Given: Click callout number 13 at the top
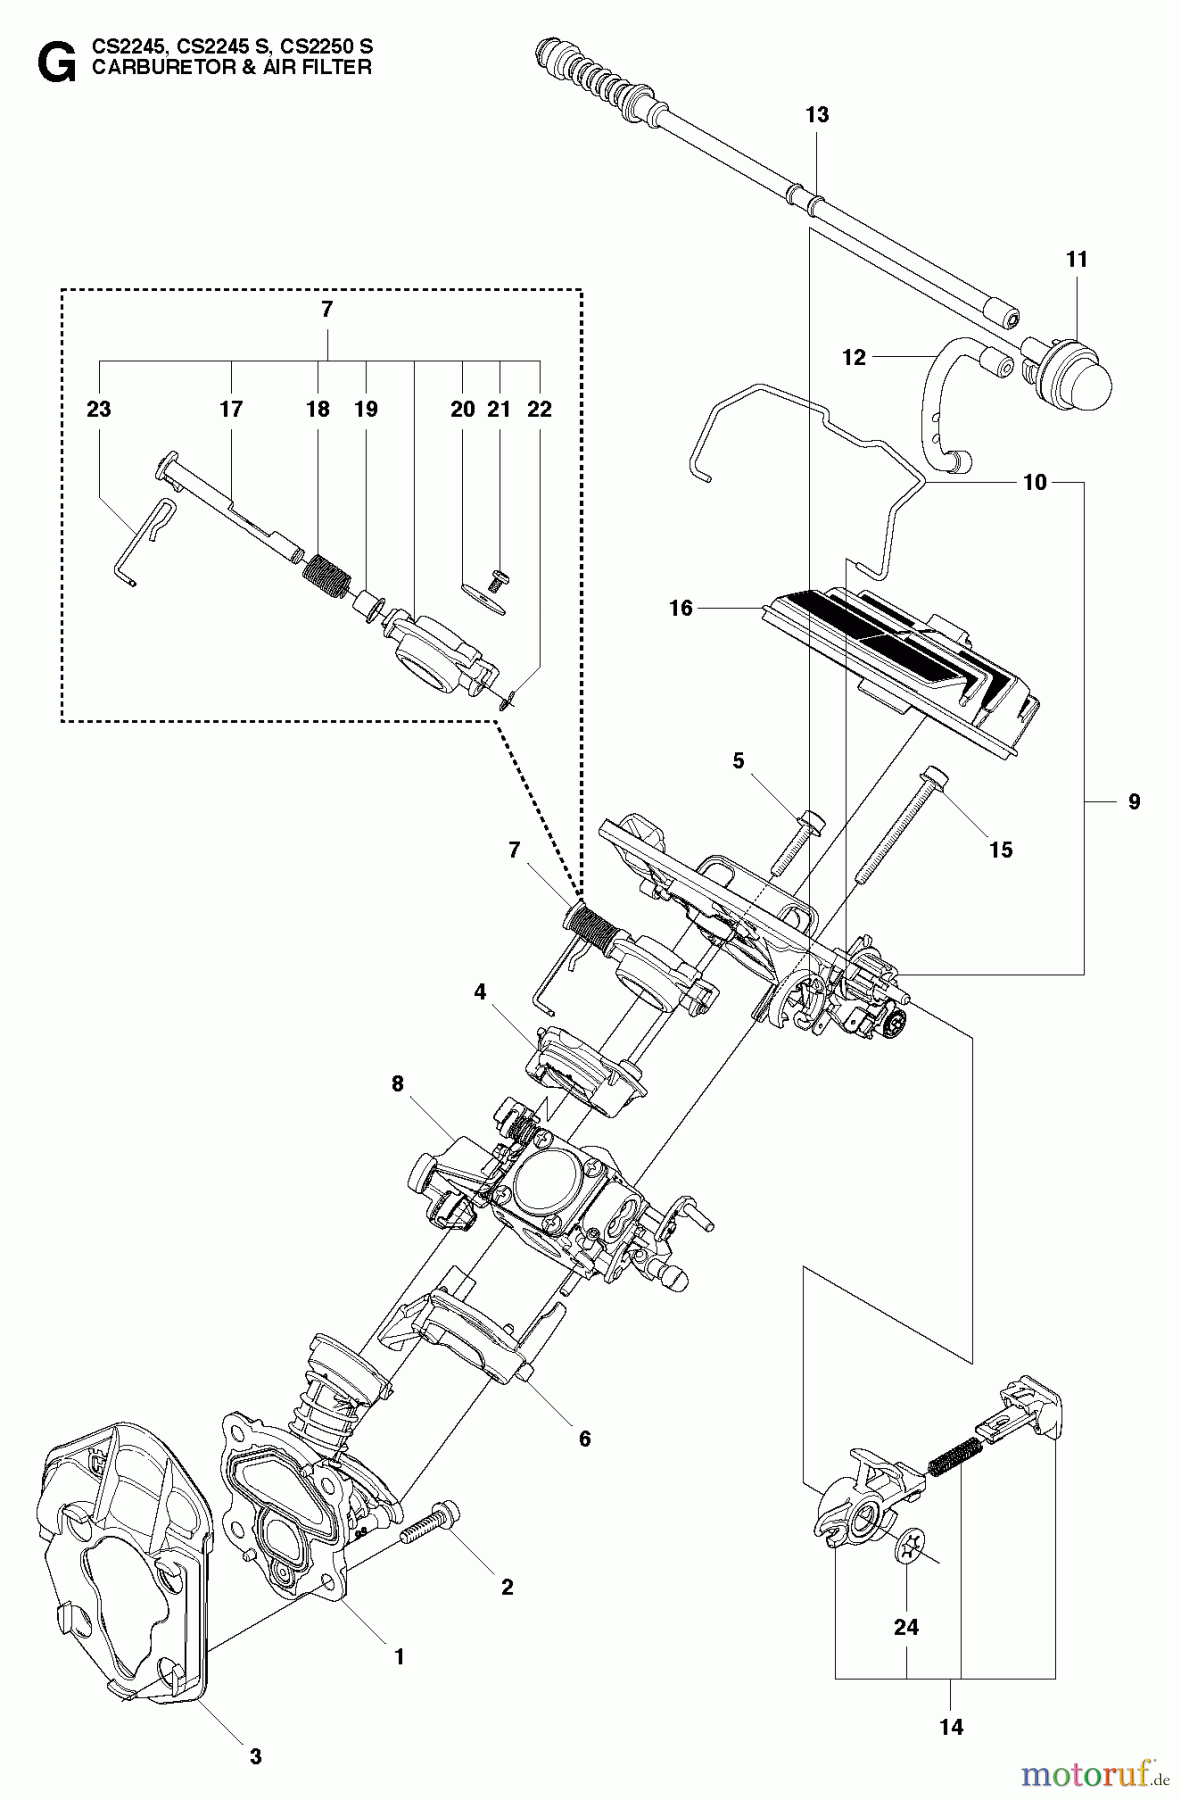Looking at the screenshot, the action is click(x=817, y=115).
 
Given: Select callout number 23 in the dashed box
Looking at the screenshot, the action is click(x=99, y=409).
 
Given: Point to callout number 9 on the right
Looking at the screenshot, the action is click(x=1133, y=801).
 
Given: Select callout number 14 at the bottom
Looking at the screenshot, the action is click(x=951, y=1726).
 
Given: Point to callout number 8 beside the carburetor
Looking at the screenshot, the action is click(x=397, y=1083).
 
